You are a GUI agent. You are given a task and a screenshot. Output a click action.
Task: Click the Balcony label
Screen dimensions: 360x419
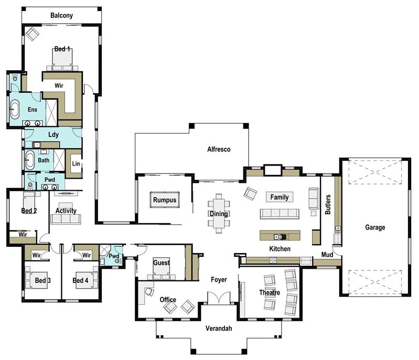[x=61, y=15]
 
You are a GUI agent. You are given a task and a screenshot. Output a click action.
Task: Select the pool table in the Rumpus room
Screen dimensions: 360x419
[x=164, y=200]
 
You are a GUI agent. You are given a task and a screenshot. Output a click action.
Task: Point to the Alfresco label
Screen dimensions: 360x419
[x=219, y=149]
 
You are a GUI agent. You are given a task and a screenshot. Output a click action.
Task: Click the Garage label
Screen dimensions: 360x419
[x=375, y=227]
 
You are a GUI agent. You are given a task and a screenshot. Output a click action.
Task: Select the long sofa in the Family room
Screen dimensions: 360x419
[x=279, y=214]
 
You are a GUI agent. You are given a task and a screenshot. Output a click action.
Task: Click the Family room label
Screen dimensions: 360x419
[x=279, y=197]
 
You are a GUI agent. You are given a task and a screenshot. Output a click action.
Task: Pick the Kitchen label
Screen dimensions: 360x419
[x=280, y=249]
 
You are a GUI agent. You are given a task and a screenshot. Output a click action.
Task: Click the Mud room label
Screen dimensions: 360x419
[x=327, y=255]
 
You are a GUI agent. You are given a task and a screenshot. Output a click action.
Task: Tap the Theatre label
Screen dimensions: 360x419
[x=269, y=292]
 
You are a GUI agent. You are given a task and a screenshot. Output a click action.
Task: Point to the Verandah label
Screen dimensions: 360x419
[x=218, y=329]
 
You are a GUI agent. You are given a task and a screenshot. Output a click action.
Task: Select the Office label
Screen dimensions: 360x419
[x=168, y=300]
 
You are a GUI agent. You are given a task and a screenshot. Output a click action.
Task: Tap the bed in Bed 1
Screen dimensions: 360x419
[x=62, y=59]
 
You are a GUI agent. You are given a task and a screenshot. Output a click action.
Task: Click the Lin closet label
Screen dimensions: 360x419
[x=75, y=164]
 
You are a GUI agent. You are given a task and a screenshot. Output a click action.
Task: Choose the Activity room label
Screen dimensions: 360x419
[x=66, y=211]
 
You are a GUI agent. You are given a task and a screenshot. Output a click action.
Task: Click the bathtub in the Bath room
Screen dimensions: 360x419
[x=30, y=160]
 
